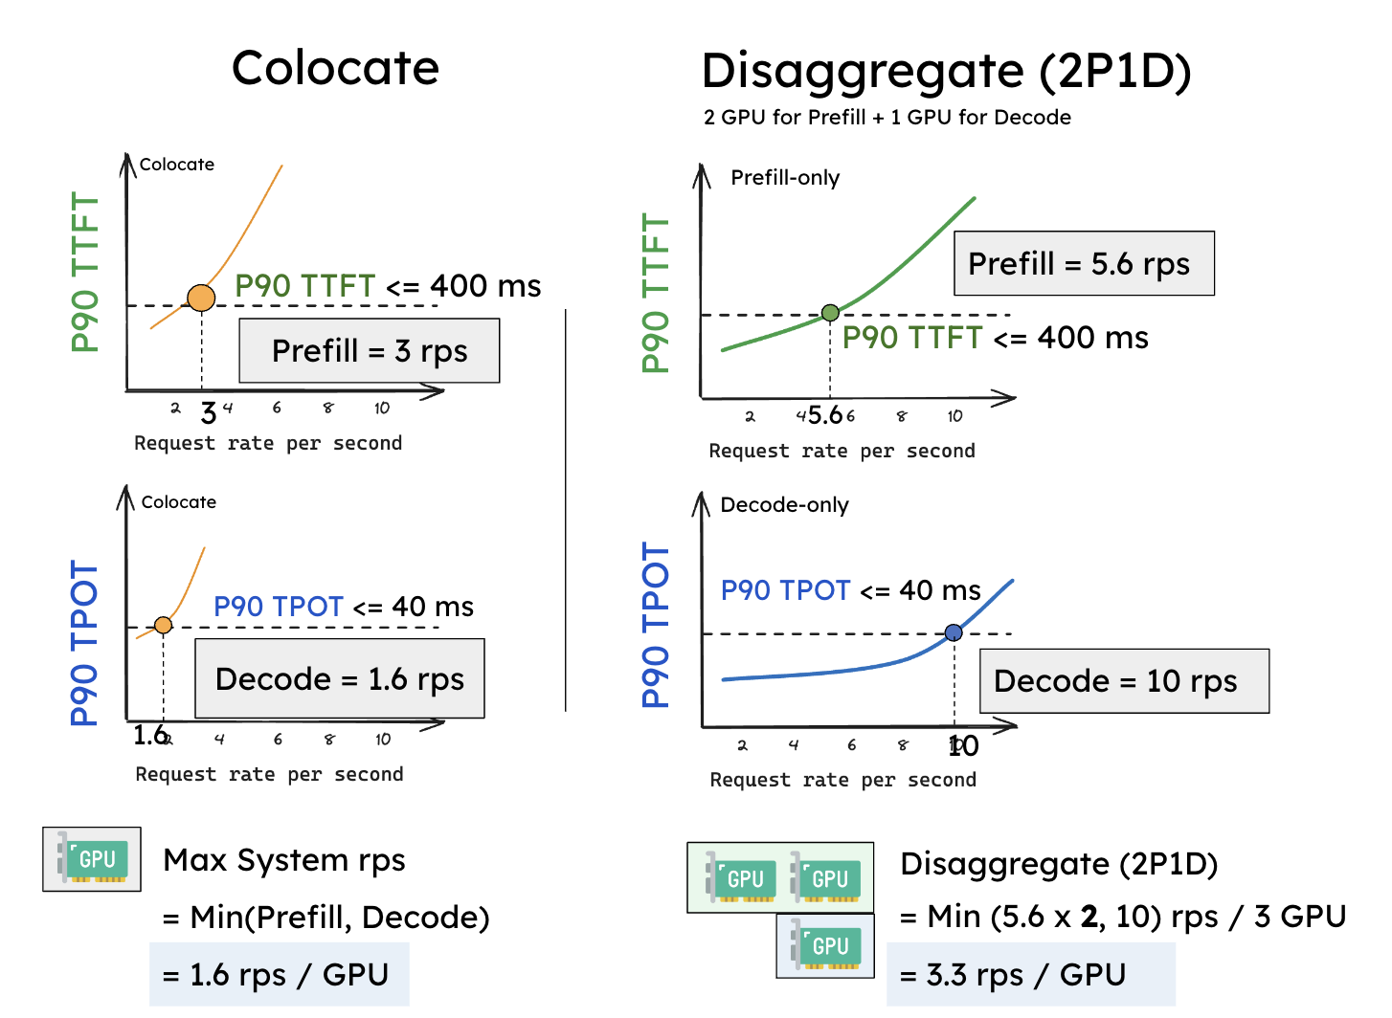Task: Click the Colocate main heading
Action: coord(335,69)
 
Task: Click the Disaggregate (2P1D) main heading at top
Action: coord(946,72)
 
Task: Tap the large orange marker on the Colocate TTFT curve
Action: coord(201,298)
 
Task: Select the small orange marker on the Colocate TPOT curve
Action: coord(164,625)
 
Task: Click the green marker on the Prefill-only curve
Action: coord(830,313)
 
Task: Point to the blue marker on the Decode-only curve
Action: coord(954,632)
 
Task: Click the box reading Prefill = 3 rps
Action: coord(370,351)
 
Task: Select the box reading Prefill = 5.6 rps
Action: coord(1084,263)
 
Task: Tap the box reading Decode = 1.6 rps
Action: coord(340,679)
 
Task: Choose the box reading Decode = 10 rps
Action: coord(1124,681)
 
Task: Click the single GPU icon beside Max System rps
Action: coord(92,859)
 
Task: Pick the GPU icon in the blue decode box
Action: coord(825,945)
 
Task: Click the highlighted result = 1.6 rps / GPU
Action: coord(279,974)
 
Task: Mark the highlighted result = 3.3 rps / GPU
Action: coord(1030,974)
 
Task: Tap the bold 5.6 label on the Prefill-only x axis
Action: coord(825,415)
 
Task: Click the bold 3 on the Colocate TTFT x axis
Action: coord(208,413)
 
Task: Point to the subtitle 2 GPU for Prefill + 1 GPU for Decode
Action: coord(887,118)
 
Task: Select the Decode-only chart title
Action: coord(784,505)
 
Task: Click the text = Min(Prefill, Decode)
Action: coord(326,918)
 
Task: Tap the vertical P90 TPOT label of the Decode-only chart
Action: coord(656,625)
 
